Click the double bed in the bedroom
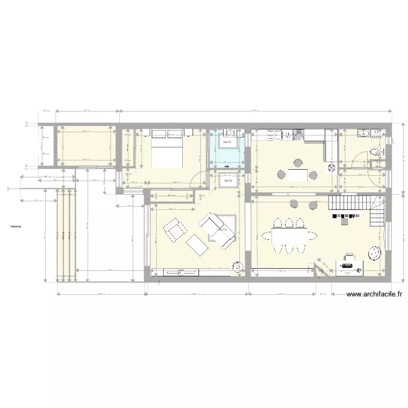pos(166,149)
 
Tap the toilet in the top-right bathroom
pos(375,152)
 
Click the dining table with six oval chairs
pos(288,236)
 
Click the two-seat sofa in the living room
pos(219,231)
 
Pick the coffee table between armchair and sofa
pos(196,245)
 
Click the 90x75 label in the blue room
pos(227,143)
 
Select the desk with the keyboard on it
pos(348,266)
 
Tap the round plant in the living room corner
pos(237,267)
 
